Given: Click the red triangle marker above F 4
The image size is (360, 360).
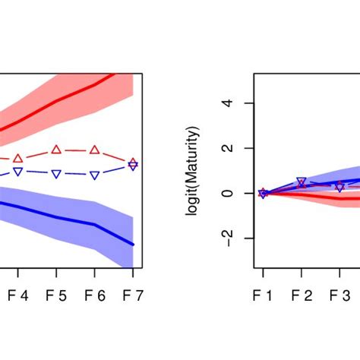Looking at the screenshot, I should [x=18, y=158].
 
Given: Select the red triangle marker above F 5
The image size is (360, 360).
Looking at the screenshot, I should [x=56, y=150].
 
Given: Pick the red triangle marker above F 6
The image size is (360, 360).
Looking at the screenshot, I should [x=94, y=150].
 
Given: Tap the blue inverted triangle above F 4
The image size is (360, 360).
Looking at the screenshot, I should [x=18, y=172].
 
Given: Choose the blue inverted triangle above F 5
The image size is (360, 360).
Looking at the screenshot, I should [x=56, y=174].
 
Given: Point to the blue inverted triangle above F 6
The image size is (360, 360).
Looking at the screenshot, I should [x=94, y=175].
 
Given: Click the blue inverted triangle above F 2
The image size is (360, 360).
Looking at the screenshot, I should [x=302, y=182].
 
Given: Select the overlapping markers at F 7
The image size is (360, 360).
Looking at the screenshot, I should [x=133, y=164].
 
